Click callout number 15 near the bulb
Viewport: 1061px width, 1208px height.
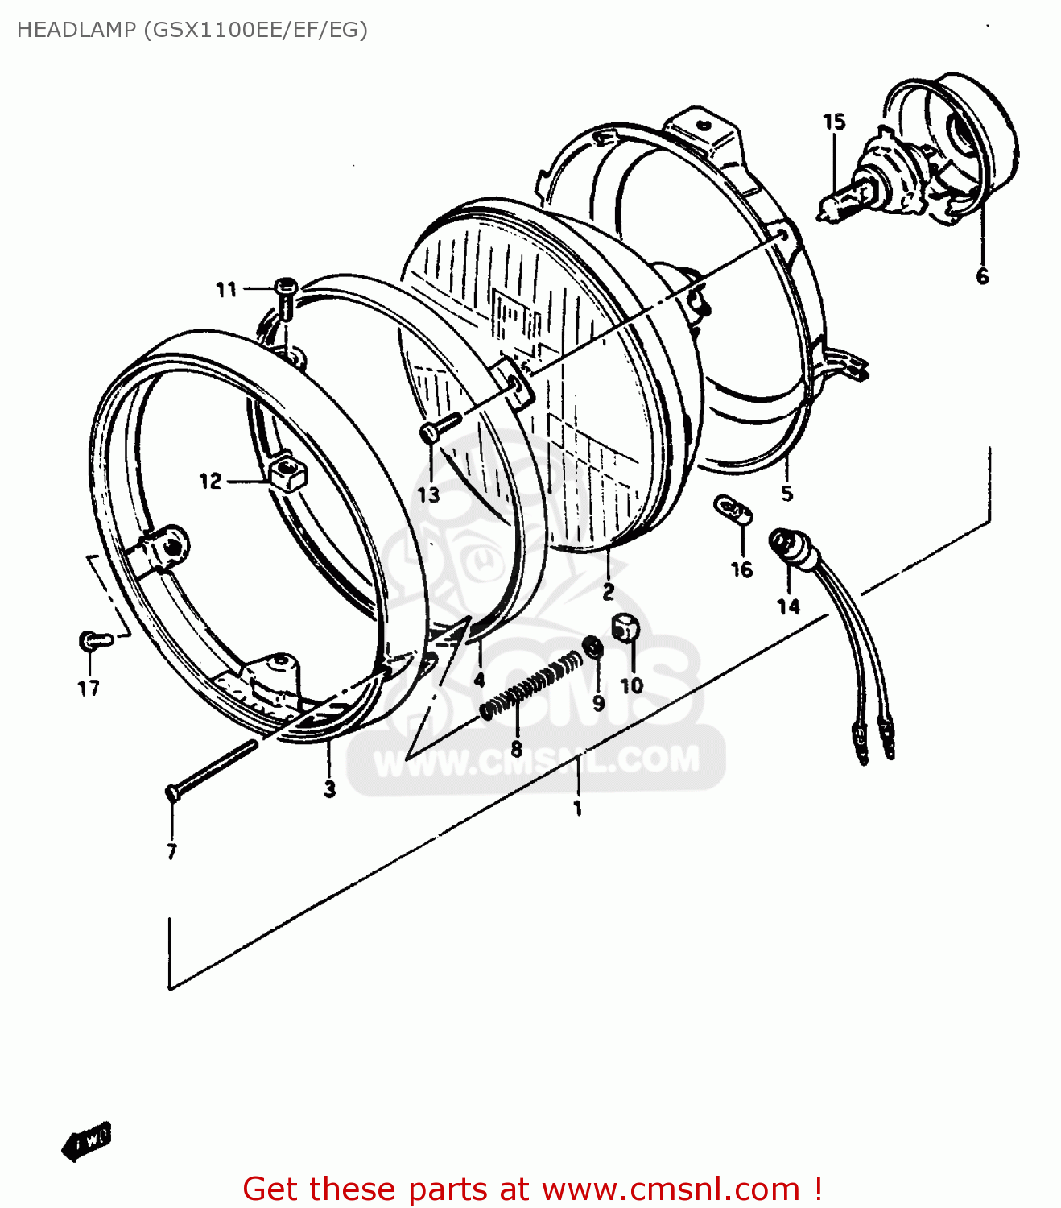click(x=834, y=122)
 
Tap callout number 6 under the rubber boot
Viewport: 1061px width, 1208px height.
click(x=982, y=276)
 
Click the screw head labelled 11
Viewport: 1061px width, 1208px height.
click(x=286, y=286)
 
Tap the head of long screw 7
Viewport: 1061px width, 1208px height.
click(x=171, y=792)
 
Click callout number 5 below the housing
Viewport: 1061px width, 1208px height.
click(x=786, y=493)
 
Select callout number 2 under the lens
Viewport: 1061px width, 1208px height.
click(x=609, y=591)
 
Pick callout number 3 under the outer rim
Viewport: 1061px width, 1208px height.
click(x=330, y=788)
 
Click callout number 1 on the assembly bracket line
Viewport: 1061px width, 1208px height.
click(x=577, y=807)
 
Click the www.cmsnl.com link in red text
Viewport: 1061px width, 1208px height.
click(x=671, y=1189)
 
